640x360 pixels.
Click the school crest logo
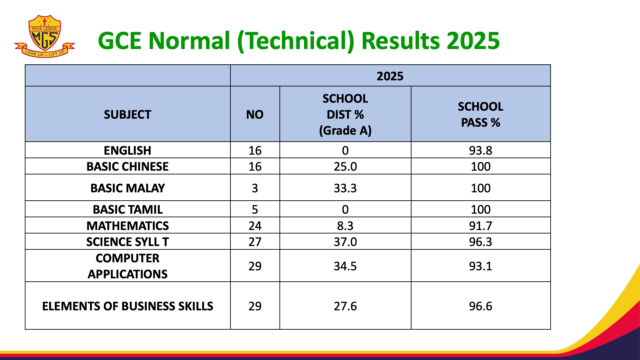point(45,36)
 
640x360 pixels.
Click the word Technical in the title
point(296,41)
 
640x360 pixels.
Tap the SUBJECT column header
point(127,115)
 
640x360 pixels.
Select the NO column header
point(255,115)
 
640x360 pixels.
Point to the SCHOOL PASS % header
point(480,115)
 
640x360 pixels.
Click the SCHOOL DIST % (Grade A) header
point(345,115)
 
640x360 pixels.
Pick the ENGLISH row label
point(127,150)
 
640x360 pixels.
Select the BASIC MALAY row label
point(127,188)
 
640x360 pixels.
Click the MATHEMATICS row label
point(127,226)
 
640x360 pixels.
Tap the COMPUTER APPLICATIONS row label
point(127,266)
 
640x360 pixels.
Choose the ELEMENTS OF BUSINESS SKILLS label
point(127,306)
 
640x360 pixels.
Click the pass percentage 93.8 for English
point(480,150)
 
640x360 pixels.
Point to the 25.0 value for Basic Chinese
point(345,166)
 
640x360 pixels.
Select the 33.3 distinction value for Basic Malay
point(345,188)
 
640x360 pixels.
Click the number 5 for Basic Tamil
point(255,209)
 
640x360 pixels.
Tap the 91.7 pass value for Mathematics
point(480,226)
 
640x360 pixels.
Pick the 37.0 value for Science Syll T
point(345,242)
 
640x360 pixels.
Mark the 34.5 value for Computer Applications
point(345,266)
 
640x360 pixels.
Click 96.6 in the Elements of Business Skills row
point(480,306)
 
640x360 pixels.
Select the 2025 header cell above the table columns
point(390,76)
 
